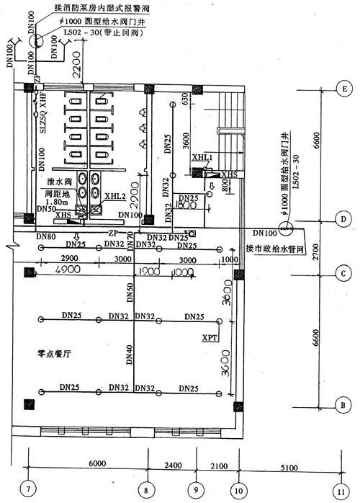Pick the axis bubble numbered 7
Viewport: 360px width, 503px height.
pyautogui.click(x=28, y=490)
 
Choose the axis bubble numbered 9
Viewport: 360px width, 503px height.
pyautogui.click(x=195, y=490)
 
